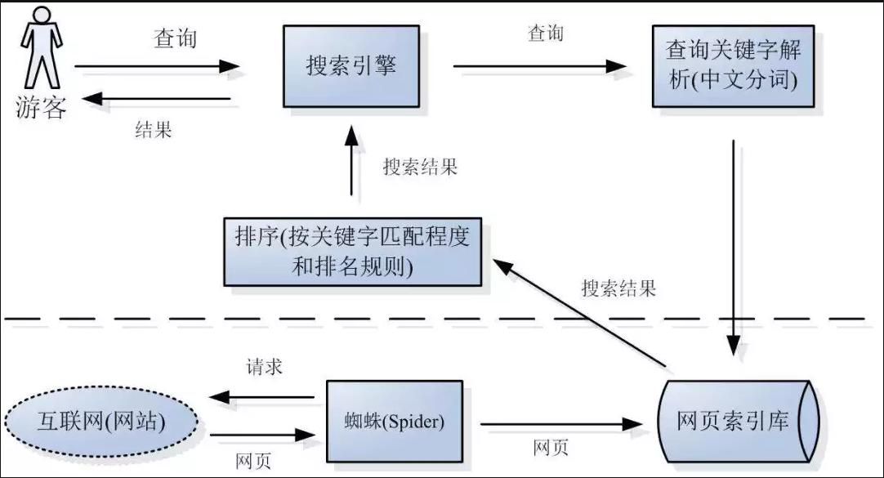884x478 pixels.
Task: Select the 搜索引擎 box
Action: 351,66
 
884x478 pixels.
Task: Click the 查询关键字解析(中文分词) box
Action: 733,65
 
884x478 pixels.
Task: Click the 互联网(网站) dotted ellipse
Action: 101,422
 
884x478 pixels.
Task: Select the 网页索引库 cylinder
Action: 738,422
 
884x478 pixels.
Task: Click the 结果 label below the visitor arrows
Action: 154,130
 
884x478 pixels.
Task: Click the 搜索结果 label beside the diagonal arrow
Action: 618,288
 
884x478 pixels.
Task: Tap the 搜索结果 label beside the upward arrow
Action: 420,168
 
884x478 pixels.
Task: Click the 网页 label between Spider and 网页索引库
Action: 551,448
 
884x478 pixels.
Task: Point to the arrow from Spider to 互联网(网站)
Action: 261,398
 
